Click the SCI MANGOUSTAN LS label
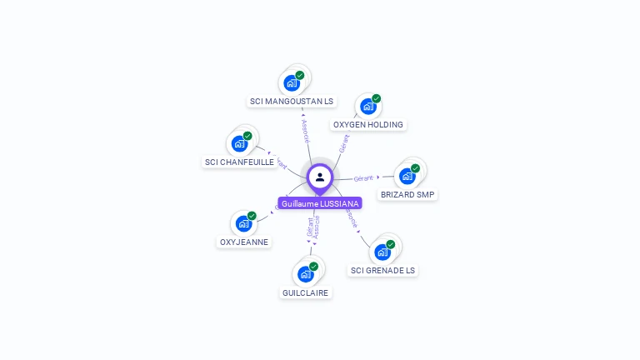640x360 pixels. [x=292, y=102]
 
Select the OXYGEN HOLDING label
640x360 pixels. [x=367, y=125]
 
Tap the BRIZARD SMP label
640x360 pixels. [x=407, y=195]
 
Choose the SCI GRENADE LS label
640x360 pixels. [x=382, y=271]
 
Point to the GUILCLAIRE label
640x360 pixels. [x=306, y=293]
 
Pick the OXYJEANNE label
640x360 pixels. [x=243, y=242]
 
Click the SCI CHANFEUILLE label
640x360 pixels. [x=240, y=162]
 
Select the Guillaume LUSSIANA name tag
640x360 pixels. [x=320, y=203]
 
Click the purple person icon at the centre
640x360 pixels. [x=320, y=177]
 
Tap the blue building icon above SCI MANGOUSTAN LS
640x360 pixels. [x=291, y=82]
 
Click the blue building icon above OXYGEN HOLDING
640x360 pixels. [x=367, y=106]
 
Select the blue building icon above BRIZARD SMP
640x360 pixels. [x=407, y=176]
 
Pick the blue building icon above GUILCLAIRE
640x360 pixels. [x=306, y=273]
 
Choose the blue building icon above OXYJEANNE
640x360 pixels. [x=243, y=223]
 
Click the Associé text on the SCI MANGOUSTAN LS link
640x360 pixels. [x=306, y=132]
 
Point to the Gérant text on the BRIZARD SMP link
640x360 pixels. [x=363, y=178]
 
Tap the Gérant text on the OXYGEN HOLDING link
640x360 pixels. [x=344, y=143]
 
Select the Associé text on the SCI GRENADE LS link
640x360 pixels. [x=351, y=219]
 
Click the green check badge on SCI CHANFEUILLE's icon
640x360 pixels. [x=247, y=136]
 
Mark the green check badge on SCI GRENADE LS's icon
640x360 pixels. [x=390, y=244]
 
